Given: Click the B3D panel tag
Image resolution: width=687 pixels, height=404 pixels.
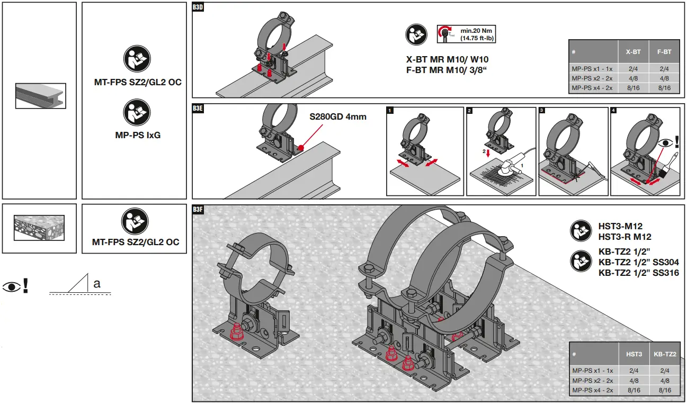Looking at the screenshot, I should tap(198, 7).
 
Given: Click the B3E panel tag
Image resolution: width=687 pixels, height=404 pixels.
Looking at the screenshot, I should tap(198, 108).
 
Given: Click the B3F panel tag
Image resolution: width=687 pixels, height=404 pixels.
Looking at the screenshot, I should tap(198, 210).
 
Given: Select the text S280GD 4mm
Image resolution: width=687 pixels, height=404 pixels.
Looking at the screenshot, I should tap(338, 116).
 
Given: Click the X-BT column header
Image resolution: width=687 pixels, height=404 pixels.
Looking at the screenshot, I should tap(633, 52).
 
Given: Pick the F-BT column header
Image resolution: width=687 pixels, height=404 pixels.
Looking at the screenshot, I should tap(664, 52).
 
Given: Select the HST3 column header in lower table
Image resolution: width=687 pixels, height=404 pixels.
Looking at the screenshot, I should tap(634, 354).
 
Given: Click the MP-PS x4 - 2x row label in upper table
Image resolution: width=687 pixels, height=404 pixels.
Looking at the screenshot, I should tap(592, 88).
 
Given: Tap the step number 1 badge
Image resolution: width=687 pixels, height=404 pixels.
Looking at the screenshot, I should tap(390, 111).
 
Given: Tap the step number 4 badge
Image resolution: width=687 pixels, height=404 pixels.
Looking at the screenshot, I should tap(613, 111).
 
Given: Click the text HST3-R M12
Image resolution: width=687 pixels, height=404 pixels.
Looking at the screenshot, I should tap(624, 237).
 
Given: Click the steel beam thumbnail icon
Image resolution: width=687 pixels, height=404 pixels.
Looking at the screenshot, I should tap(40, 96).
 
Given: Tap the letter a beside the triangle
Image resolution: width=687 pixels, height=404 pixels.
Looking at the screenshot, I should tap(97, 284).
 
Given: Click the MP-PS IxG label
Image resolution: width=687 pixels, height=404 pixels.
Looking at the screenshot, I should tap(138, 135).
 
